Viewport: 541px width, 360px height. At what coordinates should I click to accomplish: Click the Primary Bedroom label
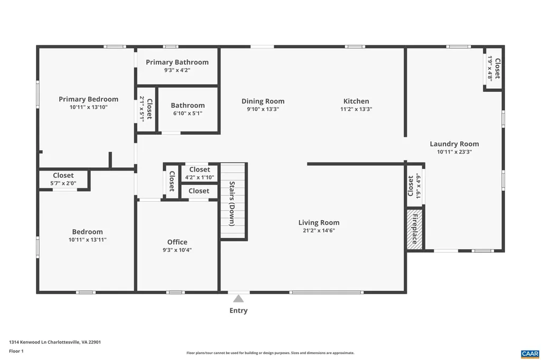(88, 99)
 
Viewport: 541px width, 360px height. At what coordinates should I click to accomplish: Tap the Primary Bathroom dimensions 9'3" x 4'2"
(177, 70)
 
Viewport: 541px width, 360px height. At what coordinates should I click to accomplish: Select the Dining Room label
(263, 101)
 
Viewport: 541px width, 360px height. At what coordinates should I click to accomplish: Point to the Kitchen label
(356, 101)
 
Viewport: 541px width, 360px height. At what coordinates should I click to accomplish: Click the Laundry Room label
(454, 144)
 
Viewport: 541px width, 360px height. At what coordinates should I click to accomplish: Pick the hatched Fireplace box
(415, 230)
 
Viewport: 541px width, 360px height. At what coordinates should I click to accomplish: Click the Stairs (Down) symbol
(233, 202)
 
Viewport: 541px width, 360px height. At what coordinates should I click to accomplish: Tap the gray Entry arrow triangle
(238, 299)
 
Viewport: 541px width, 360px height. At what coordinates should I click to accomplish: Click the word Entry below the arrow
(238, 310)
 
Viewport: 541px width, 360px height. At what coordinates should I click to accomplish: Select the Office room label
(177, 242)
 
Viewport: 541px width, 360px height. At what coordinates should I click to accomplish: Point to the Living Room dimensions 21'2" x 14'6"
(319, 230)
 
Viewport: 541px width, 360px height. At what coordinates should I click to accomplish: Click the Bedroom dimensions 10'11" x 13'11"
(87, 240)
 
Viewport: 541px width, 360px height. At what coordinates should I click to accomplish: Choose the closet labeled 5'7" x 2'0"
(63, 179)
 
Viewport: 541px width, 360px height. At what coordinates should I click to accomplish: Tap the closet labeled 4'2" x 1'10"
(199, 174)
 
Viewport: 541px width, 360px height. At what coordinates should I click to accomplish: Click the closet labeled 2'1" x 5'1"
(146, 109)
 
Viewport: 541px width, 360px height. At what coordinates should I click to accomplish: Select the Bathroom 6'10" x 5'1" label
(188, 109)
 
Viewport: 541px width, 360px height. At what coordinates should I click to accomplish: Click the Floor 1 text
(16, 350)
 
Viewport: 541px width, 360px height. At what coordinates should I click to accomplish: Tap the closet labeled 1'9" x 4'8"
(493, 68)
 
